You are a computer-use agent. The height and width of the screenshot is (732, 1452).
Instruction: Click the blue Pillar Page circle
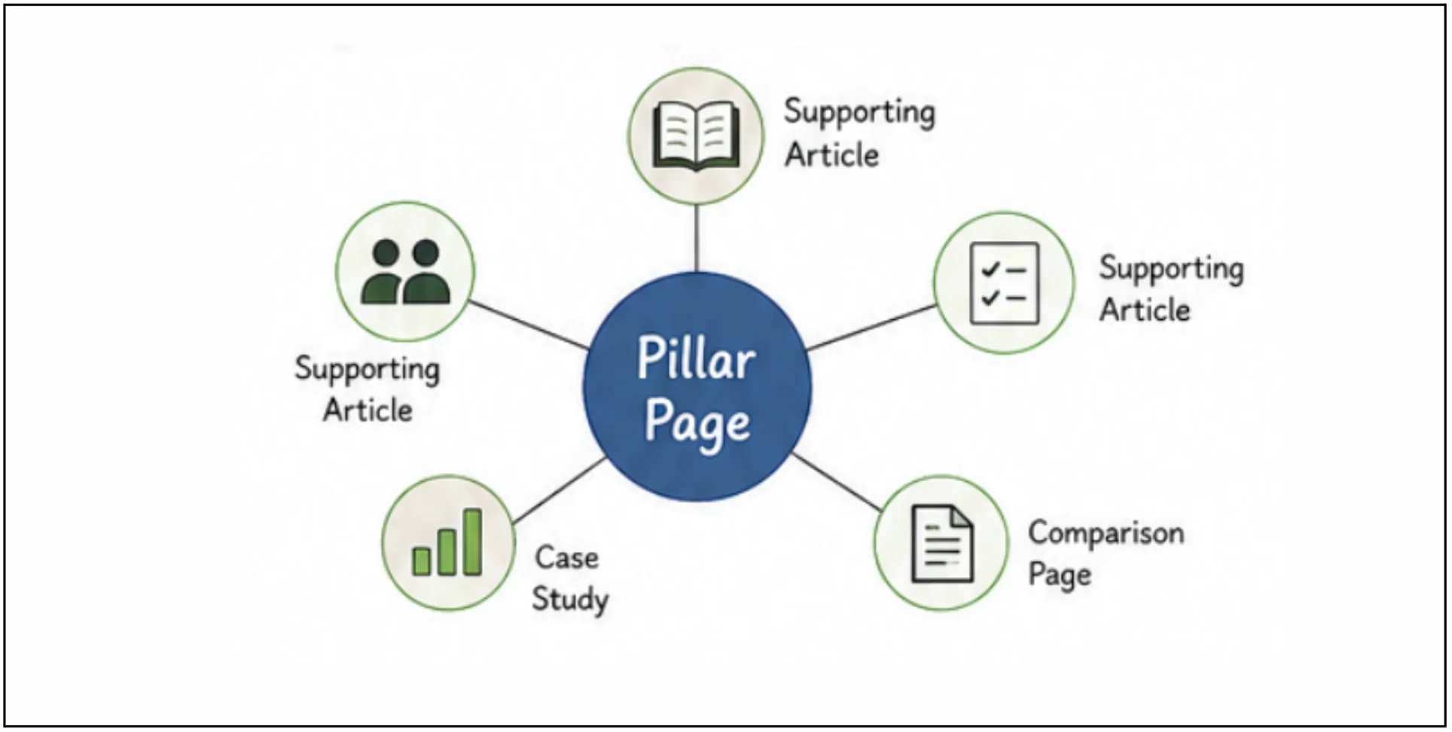pos(697,386)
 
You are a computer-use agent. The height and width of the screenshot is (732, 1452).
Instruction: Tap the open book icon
pos(697,136)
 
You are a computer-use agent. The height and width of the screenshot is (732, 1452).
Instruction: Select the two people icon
pos(405,271)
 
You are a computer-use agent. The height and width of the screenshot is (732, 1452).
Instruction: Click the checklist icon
pos(1004,283)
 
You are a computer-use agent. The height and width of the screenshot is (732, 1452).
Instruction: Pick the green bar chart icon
pos(447,542)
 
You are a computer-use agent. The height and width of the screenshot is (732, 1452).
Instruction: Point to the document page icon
pos(941,543)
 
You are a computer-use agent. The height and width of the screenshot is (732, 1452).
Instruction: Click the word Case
pos(567,557)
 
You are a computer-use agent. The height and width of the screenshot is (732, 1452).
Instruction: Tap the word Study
pos(570,600)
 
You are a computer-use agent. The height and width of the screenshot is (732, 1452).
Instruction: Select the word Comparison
pos(1106,533)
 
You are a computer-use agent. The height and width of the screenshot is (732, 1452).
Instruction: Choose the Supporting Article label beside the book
pos(859,133)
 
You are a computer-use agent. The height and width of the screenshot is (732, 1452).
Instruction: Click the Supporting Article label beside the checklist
pos(1171,288)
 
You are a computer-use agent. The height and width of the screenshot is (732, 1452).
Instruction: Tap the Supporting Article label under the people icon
pos(368,389)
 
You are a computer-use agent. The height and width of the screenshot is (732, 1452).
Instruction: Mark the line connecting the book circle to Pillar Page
pos(697,238)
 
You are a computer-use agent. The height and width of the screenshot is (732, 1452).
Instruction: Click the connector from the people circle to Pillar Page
pos(529,325)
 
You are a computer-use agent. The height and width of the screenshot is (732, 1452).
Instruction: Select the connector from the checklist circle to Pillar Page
pos(872,328)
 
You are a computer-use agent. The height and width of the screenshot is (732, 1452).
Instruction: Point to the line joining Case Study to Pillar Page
pos(560,490)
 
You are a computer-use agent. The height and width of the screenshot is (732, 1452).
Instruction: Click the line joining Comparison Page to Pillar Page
pos(836,482)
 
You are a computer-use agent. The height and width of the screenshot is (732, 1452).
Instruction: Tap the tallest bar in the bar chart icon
pos(473,542)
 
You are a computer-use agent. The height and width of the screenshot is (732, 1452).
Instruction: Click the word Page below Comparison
pos(1060,575)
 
